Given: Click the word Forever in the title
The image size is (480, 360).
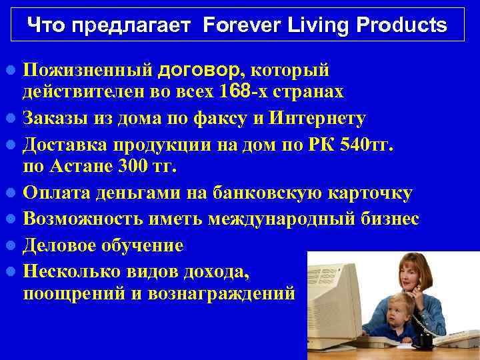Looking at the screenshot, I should click(235, 26).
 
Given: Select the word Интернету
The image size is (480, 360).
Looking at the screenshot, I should click(317, 119).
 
